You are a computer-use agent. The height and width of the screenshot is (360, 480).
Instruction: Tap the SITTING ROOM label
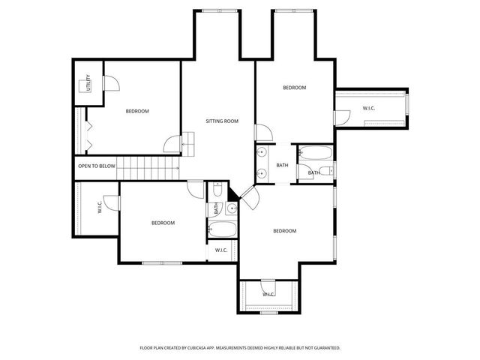click(x=222, y=121)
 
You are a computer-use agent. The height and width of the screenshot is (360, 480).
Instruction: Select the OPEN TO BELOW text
click(x=97, y=166)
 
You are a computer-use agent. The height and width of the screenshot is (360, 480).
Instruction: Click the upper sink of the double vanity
click(x=262, y=152)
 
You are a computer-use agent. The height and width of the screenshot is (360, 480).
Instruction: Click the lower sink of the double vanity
click(x=262, y=174)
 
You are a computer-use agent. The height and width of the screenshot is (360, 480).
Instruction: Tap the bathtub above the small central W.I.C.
click(x=222, y=229)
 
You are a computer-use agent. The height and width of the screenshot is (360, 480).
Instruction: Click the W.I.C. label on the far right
click(x=369, y=109)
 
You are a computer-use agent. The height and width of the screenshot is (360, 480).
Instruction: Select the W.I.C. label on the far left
click(x=99, y=207)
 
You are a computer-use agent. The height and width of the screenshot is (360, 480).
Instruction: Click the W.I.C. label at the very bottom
click(x=268, y=295)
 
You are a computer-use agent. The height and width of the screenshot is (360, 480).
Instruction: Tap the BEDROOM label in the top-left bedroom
click(x=137, y=112)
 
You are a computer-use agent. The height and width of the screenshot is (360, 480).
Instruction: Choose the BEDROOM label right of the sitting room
click(x=294, y=88)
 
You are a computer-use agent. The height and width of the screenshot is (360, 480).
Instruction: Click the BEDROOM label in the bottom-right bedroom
click(x=284, y=231)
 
